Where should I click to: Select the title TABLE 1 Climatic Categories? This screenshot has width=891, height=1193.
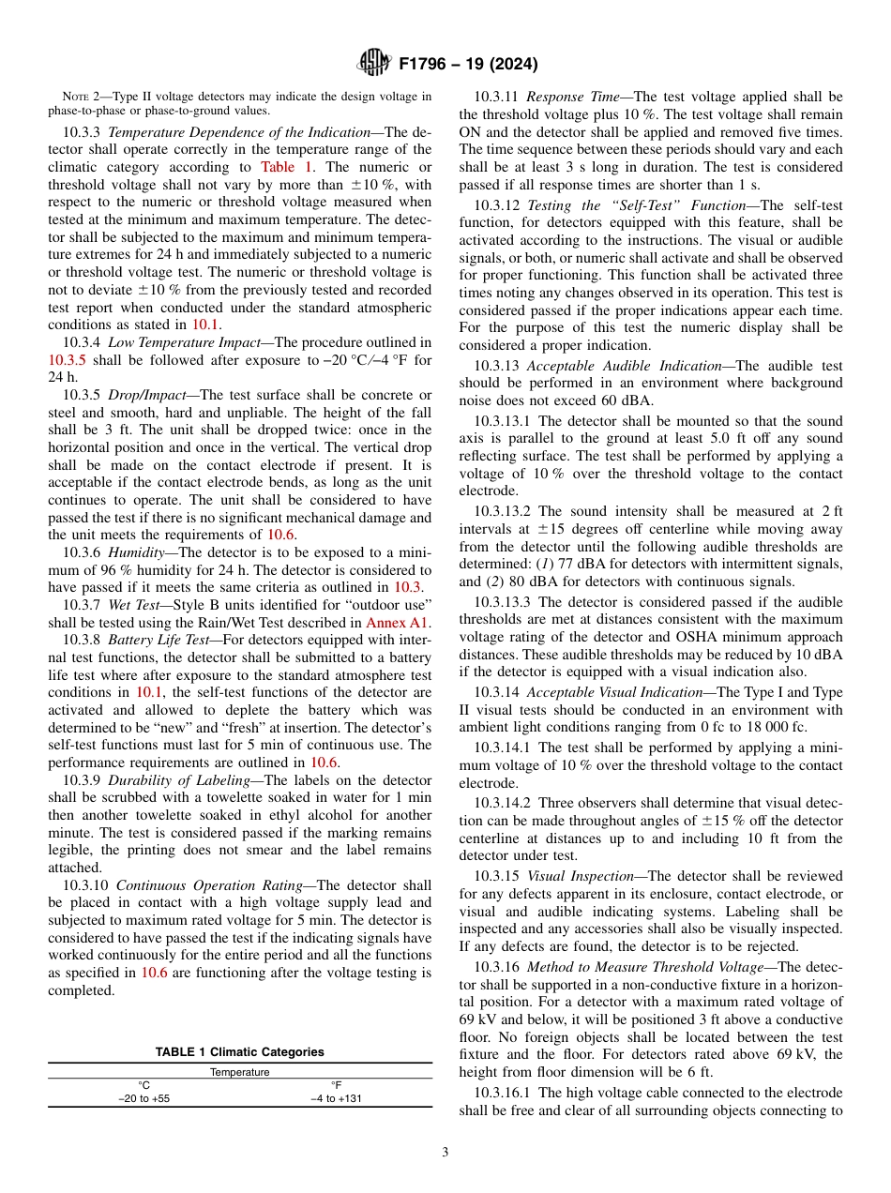240,1051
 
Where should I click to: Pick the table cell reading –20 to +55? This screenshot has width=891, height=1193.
144,1098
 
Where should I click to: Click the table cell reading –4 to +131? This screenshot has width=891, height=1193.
336,1098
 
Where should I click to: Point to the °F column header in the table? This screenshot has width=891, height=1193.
336,1085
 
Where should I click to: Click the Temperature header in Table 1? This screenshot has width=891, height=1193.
240,1071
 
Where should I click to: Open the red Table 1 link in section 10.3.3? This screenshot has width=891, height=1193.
288,166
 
